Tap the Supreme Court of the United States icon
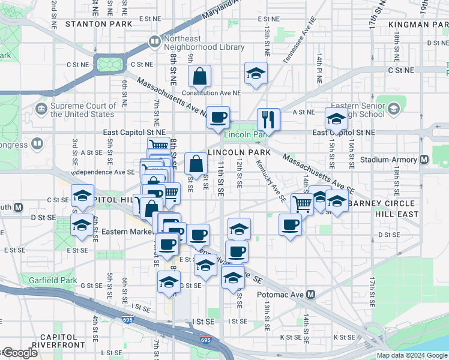pyautogui.click(x=41, y=110)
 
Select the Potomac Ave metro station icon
pyautogui.click(x=311, y=295)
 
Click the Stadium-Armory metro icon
pyautogui.click(x=424, y=160)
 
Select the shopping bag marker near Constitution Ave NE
pyautogui.click(x=199, y=77)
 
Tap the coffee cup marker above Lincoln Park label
pyautogui.click(x=218, y=116)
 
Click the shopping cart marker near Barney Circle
pyautogui.click(x=302, y=205)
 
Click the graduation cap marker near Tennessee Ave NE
pyautogui.click(x=256, y=74)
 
